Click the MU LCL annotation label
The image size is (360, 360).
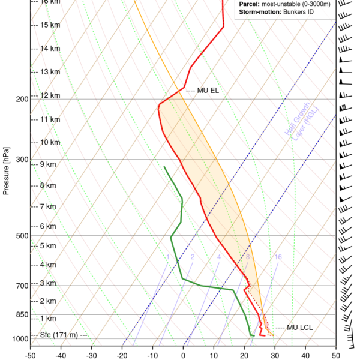pyautogui.click(x=300, y=327)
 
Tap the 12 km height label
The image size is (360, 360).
pyautogui.click(x=50, y=95)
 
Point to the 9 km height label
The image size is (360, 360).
pyautogui.click(x=47, y=164)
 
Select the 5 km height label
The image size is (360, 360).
pyautogui.click(x=47, y=246)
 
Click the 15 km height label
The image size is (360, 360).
pyautogui.click(x=50, y=25)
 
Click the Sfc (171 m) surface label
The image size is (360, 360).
pyautogui.click(x=59, y=334)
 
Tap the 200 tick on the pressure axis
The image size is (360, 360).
pyautogui.click(x=22, y=99)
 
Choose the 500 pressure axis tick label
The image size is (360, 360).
pyautogui.click(x=22, y=236)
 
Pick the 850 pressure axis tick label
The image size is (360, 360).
pyautogui.click(x=22, y=314)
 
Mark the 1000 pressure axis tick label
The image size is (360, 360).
pyautogui.click(x=20, y=339)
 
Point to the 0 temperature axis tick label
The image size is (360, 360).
pyautogui.click(x=183, y=354)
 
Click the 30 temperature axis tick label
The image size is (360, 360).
pyautogui.click(x=275, y=354)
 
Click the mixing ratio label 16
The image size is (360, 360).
pyautogui.click(x=278, y=257)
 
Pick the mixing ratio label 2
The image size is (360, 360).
pyautogui.click(x=193, y=257)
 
